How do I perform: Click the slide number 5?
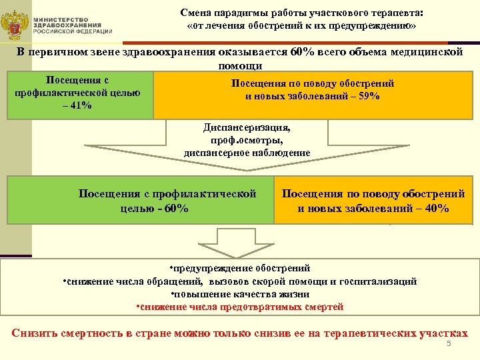pyautogui.click(x=449, y=343)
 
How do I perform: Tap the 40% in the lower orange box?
pyautogui.click(x=435, y=209)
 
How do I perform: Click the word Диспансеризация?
pyautogui.click(x=247, y=126)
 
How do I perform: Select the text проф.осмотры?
pyautogui.click(x=247, y=139)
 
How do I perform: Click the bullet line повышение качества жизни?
pyautogui.click(x=240, y=294)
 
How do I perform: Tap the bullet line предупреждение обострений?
pyautogui.click(x=240, y=268)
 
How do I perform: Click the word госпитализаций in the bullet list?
pyautogui.click(x=385, y=281)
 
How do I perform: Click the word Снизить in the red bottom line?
pyautogui.click(x=35, y=333)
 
